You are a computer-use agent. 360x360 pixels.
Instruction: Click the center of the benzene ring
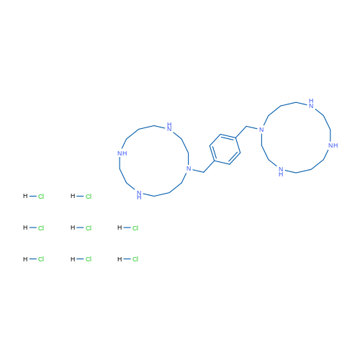pyautogui.click(x=225, y=149)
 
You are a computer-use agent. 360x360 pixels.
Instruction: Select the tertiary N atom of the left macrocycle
pyautogui.click(x=189, y=168)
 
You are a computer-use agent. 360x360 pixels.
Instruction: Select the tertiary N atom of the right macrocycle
pyautogui.click(x=261, y=130)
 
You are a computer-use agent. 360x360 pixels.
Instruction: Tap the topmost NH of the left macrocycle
pyautogui.click(x=169, y=127)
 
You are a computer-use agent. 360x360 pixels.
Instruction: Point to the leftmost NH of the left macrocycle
pyautogui.click(x=122, y=153)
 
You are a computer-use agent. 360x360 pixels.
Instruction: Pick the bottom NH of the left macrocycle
pyautogui.click(x=139, y=195)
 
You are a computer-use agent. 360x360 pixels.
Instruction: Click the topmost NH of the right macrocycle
pyautogui.click(x=311, y=104)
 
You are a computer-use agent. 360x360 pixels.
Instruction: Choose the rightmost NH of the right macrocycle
pyautogui.click(x=333, y=145)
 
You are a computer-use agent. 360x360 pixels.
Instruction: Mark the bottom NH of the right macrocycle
pyautogui.click(x=281, y=171)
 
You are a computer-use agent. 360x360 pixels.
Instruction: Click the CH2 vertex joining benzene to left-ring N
pyautogui.click(x=204, y=172)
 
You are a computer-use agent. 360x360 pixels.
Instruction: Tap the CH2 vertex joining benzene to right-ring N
pyautogui.click(x=246, y=126)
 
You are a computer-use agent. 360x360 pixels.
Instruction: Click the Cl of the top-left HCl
pyautogui.click(x=41, y=197)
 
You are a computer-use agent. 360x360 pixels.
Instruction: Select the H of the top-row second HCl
pyautogui.click(x=73, y=196)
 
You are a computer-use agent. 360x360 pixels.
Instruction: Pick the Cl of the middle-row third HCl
pyautogui.click(x=135, y=228)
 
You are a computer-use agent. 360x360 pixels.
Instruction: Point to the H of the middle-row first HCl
pyautogui.click(x=25, y=228)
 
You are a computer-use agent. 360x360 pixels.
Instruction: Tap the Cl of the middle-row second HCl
pyautogui.click(x=89, y=228)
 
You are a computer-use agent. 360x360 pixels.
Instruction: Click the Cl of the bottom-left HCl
pyautogui.click(x=41, y=259)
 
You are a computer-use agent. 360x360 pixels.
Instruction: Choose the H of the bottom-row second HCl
pyautogui.click(x=73, y=259)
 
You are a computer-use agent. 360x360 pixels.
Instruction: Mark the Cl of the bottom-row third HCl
pyautogui.click(x=135, y=259)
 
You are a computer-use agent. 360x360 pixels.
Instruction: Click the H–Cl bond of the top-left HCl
pyautogui.click(x=33, y=197)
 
